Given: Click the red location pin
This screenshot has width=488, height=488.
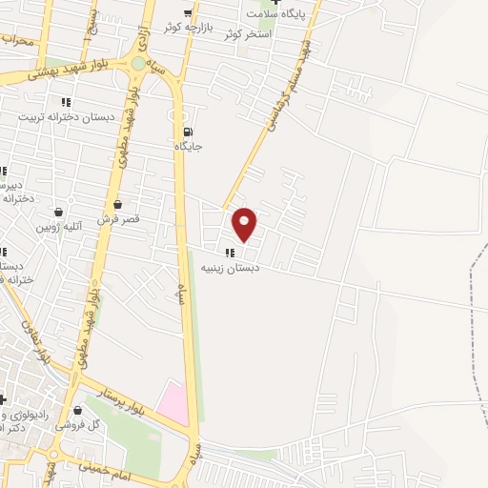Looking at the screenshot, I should point(245,224).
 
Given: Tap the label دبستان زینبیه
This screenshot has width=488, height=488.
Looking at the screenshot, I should point(227,268).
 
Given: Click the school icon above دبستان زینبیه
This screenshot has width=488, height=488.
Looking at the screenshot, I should point(229,253).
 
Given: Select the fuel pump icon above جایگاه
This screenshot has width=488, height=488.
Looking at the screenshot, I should point(188,132).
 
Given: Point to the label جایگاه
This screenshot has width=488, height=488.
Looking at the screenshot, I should point(188,147).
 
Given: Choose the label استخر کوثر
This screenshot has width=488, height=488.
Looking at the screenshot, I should point(249,34).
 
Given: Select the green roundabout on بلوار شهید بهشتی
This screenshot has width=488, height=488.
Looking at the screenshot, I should point(139,64).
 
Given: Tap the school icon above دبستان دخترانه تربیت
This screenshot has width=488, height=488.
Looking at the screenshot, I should point(65,102).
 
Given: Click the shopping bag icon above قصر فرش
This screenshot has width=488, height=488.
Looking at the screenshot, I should point(117,204).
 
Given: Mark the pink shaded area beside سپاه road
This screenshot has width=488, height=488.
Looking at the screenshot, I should point(174,401).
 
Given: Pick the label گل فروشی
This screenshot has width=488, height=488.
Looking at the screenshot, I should point(80,425).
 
